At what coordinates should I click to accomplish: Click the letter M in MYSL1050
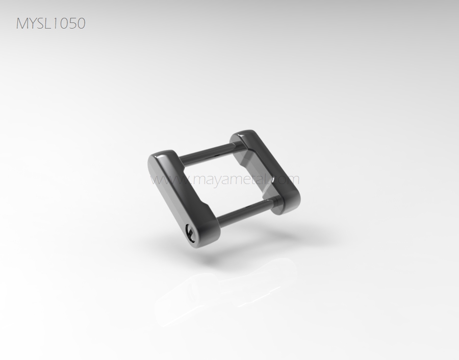pos(22,23)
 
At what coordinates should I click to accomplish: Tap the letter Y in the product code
pos(33,23)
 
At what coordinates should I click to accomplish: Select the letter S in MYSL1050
pos(42,23)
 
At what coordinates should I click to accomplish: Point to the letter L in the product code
pos(50,23)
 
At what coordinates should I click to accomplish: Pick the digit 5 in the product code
pos(72,23)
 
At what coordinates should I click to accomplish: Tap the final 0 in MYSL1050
pos(81,23)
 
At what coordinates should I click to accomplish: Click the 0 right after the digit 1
pos(64,23)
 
